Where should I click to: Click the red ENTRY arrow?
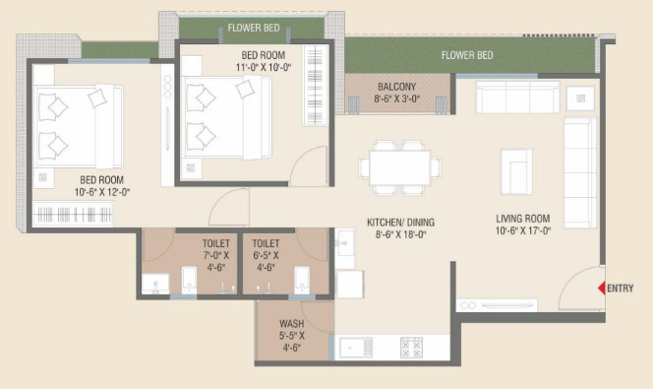[600, 289]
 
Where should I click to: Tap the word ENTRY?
[621, 289]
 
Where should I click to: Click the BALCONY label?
[397, 93]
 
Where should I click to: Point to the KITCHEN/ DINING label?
[400, 228]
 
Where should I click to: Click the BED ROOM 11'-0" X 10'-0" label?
[263, 61]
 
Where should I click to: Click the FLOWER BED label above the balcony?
[467, 55]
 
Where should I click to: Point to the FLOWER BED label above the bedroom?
[250, 28]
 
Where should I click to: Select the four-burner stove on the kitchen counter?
[411, 348]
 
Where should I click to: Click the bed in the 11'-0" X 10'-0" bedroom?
[221, 116]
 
